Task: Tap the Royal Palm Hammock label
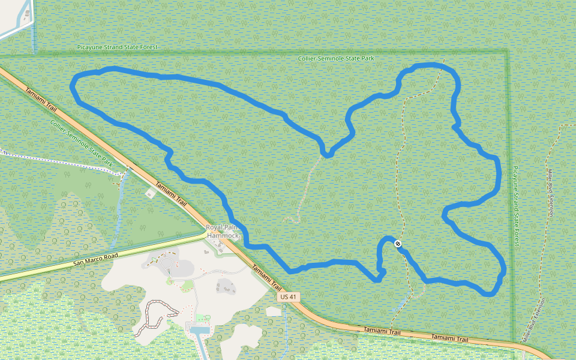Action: click(223, 232)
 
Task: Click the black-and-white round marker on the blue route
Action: click(398, 243)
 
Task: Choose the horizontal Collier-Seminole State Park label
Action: click(336, 58)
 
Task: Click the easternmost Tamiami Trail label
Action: click(449, 338)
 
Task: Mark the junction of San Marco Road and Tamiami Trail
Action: click(206, 229)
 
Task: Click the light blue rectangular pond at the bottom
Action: click(200, 330)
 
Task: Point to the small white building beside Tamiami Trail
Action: click(149, 193)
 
